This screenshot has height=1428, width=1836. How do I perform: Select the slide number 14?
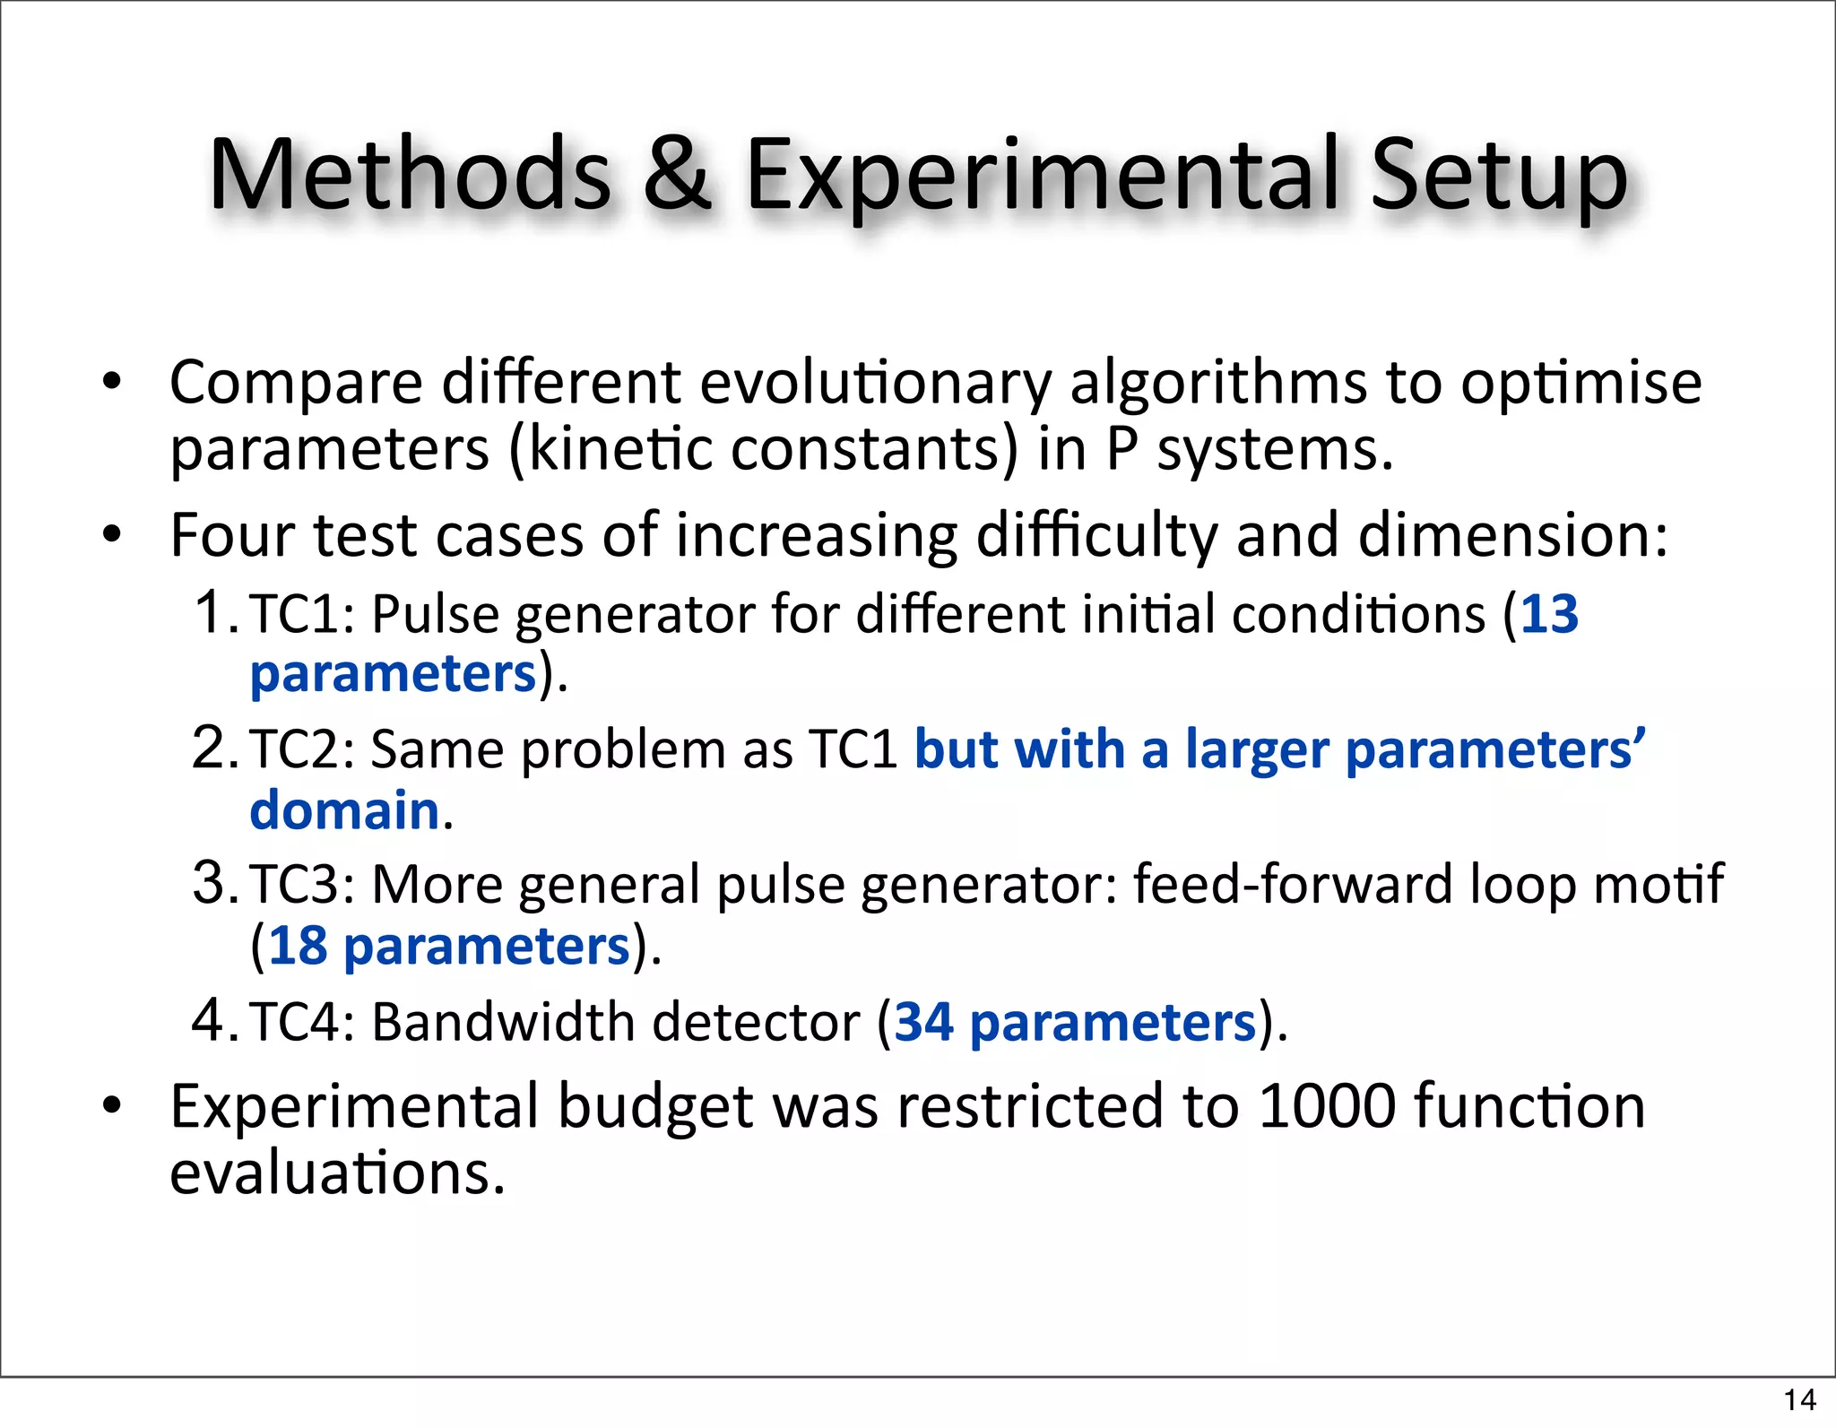click(1799, 1399)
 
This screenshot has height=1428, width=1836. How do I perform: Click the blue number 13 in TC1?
click(1549, 615)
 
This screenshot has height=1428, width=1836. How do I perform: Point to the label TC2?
click(301, 749)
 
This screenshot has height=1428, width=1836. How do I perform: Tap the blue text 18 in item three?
click(298, 947)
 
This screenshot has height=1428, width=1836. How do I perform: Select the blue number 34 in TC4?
click(923, 1022)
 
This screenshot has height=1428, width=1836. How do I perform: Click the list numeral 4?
click(210, 1019)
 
